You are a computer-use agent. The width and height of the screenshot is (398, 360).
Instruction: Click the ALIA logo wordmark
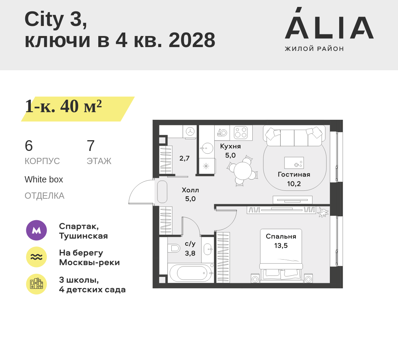329,23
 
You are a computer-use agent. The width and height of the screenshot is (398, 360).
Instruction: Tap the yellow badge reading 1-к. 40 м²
78,109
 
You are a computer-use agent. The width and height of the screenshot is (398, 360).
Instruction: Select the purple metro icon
37,230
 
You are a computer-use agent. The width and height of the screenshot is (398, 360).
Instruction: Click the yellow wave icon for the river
37,257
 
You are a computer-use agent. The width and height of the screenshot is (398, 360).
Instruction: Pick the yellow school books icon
37,284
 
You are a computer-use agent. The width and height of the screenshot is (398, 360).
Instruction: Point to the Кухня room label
230,146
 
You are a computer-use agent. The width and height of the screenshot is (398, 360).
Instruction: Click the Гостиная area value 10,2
294,183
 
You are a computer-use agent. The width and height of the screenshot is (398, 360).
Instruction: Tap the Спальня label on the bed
281,236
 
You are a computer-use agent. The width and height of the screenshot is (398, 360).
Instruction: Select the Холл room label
190,190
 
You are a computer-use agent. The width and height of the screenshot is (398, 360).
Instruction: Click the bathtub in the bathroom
191,273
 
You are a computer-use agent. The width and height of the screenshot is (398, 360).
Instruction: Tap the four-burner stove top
241,133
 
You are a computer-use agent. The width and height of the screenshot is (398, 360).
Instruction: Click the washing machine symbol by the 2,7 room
190,132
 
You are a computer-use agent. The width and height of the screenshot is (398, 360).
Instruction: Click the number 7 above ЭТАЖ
91,146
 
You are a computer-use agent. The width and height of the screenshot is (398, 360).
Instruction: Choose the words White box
44,180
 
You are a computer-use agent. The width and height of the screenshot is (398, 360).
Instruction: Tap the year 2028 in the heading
192,40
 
